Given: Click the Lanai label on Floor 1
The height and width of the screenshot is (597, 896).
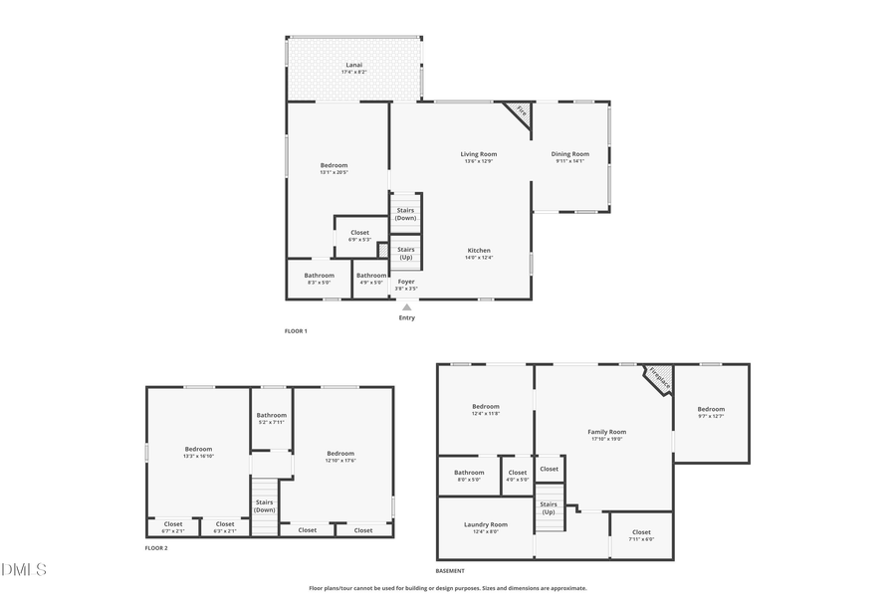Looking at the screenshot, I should [353, 66].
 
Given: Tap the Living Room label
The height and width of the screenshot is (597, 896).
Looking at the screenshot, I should [479, 154].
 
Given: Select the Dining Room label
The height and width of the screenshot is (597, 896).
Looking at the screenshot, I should [570, 154].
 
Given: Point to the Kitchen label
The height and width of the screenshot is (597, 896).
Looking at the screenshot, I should [479, 251].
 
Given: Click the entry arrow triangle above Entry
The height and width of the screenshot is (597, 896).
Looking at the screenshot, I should [406, 307].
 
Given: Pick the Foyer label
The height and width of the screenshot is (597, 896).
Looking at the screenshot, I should [406, 282].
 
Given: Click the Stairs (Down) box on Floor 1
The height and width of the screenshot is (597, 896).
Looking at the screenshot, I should [405, 213].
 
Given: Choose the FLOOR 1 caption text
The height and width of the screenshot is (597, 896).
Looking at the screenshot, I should [296, 330].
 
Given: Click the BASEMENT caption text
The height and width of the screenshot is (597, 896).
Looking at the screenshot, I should [450, 571].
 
